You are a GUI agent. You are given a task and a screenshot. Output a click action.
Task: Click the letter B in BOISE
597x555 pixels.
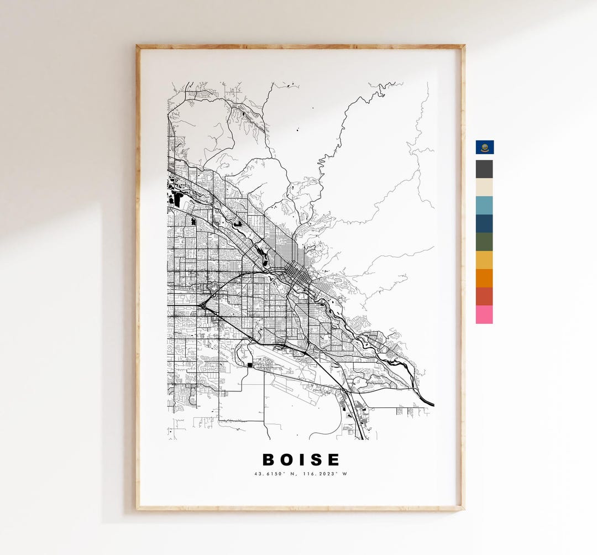269,459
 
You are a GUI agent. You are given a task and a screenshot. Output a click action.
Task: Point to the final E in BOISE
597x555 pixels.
333,459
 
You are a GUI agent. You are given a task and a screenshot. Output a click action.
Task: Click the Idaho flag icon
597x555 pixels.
484,147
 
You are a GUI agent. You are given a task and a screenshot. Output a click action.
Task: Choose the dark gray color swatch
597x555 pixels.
484,169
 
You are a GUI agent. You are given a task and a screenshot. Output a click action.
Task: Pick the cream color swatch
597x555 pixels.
484,187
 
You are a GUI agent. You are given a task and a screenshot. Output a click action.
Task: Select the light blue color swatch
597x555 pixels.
484,205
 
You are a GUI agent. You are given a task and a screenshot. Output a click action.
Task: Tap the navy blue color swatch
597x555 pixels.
484,223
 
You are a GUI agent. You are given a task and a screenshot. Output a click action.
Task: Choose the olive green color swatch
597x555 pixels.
484,242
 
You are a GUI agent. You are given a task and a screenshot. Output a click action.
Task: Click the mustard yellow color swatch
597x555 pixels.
484,260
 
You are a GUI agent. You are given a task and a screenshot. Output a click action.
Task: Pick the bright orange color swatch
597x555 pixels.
484,278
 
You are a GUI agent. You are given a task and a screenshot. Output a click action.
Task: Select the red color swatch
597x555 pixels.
484,296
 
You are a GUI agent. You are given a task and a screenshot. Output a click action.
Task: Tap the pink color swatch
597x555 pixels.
484,315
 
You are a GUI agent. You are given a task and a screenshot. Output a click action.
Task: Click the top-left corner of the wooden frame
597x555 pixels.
138,46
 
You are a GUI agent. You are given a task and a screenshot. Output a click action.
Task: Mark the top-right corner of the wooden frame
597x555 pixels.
463,46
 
